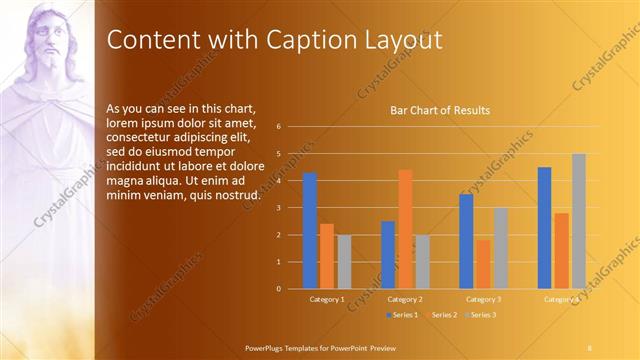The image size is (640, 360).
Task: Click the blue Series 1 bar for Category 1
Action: pos(310,231)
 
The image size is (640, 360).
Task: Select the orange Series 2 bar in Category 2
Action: pos(405,229)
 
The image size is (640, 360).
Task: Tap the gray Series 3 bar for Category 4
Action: pos(579,221)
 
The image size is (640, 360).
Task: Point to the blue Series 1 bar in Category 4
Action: pos(545,228)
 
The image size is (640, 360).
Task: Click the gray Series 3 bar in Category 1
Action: pos(344,262)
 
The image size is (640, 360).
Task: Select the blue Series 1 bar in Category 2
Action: pos(388,255)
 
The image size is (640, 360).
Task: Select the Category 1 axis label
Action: pos(327,299)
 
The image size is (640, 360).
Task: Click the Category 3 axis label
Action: pos(484,299)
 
